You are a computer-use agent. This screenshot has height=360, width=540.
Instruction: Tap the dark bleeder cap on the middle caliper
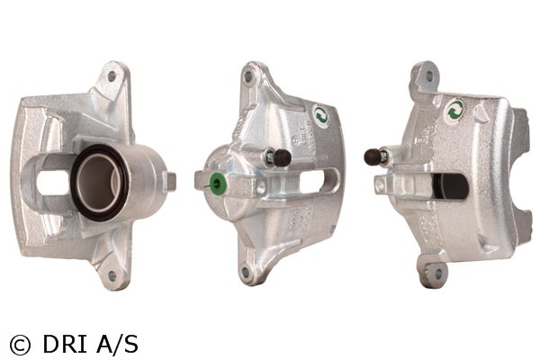click(x=282, y=157)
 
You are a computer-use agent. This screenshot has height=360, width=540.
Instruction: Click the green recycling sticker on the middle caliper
click(x=321, y=116)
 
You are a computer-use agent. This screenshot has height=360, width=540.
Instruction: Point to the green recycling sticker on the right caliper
click(x=455, y=111)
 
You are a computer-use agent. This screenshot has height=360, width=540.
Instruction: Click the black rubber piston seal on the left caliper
click(x=77, y=183)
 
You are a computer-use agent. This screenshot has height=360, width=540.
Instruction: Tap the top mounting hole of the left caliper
click(x=112, y=76)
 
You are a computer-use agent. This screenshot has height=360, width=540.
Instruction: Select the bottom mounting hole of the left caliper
click(x=111, y=275)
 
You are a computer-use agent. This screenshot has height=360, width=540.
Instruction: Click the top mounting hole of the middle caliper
click(x=247, y=76)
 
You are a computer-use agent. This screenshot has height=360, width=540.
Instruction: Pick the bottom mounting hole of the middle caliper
click(x=245, y=273)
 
